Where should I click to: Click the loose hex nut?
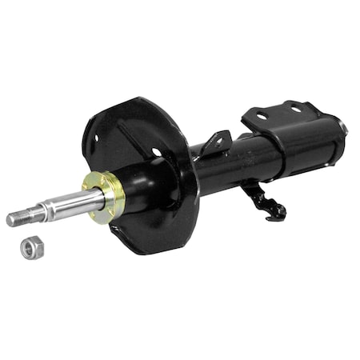[30, 248]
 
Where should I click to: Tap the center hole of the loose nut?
[30, 249]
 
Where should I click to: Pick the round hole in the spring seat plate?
[157, 152]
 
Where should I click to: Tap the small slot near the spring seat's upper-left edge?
[94, 137]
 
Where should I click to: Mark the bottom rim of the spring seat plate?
[152, 249]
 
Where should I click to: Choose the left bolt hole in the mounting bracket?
[262, 117]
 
